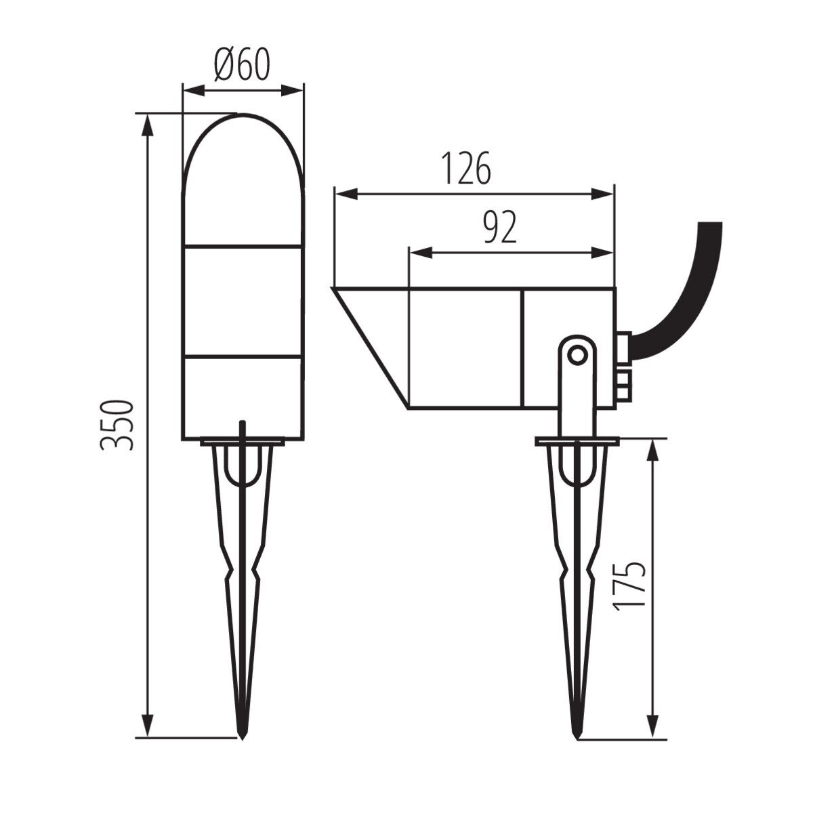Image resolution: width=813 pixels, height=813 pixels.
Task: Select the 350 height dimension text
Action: pyautogui.click(x=117, y=425)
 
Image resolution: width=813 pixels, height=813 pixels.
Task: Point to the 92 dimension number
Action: pyautogui.click(x=500, y=228)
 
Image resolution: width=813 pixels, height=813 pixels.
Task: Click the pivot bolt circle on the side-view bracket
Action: pyautogui.click(x=577, y=354)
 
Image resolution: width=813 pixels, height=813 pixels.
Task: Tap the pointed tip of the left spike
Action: pyautogui.click(x=242, y=734)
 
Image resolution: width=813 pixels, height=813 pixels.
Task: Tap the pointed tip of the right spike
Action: pyautogui.click(x=577, y=734)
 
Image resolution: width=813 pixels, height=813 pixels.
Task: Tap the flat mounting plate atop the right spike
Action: pyautogui.click(x=577, y=442)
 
